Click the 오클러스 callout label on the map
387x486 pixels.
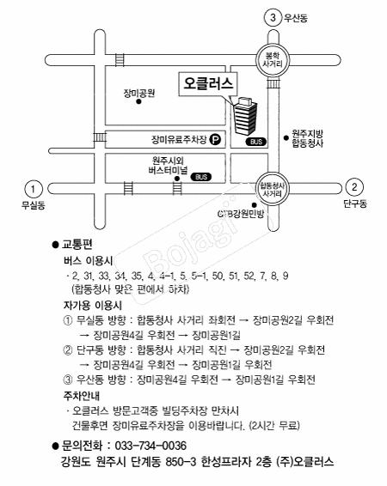coord(208,83)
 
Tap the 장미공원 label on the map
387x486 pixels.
coord(139,93)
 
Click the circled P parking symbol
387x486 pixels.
coord(215,139)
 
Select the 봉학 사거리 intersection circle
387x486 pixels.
coord(273,60)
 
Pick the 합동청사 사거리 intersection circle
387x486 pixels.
coord(273,189)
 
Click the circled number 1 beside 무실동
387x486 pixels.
coord(33,189)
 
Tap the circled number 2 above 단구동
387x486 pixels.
coord(354,187)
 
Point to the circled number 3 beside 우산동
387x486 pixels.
coord(273,17)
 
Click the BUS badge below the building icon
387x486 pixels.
coord(256,142)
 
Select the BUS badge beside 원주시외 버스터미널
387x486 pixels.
coord(201,177)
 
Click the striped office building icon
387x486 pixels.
coord(245,116)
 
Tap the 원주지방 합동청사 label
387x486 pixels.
coord(308,138)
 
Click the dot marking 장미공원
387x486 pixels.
coord(138,101)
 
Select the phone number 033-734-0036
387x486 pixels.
coord(150,446)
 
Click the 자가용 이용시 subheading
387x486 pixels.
coord(93,306)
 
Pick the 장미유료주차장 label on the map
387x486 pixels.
coord(179,139)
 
